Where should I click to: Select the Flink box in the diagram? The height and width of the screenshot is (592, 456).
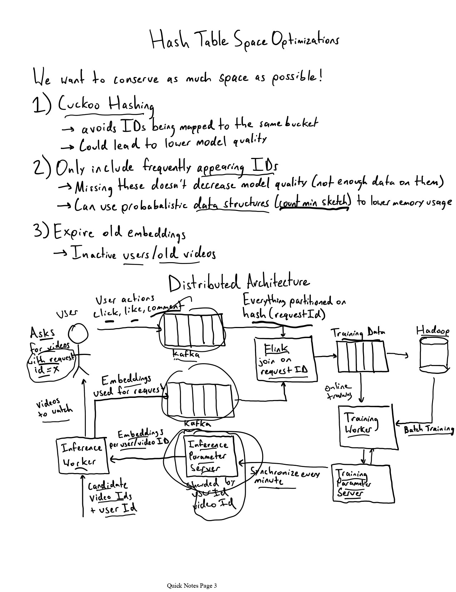[x=286, y=359]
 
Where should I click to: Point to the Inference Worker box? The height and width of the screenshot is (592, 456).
[x=82, y=456]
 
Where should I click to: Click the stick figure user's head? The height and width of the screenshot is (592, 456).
[x=78, y=334]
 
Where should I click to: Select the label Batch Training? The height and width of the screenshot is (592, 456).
[x=428, y=429]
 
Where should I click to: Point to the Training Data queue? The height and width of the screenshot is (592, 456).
[x=362, y=356]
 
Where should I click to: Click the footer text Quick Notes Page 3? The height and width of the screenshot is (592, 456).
[x=192, y=586]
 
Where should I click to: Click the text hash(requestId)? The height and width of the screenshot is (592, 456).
[x=284, y=314]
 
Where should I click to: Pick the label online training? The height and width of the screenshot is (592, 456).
[x=338, y=391]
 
